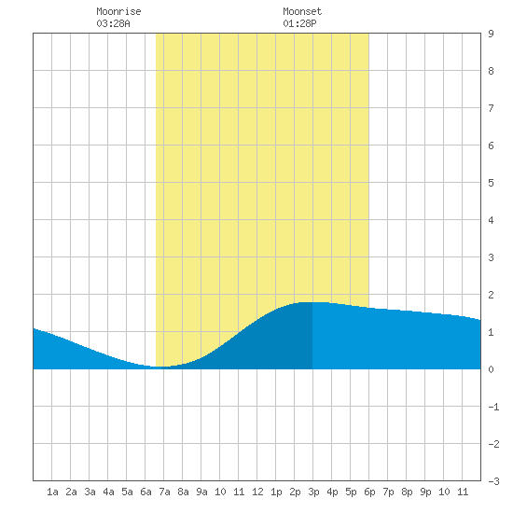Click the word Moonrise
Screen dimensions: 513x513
(118, 11)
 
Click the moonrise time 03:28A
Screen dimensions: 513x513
(113, 23)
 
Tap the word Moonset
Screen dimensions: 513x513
(302, 11)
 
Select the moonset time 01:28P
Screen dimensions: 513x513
(299, 23)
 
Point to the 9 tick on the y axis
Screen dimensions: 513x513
(491, 34)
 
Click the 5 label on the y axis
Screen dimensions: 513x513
(491, 183)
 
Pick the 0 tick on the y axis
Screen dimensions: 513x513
(491, 369)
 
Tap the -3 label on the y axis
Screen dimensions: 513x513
(493, 481)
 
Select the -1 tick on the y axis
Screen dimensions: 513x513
(493, 407)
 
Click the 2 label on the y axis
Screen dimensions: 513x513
(491, 295)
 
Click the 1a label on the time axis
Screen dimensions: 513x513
(52, 492)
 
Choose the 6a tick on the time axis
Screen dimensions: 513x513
(146, 492)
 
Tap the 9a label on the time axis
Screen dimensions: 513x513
(201, 492)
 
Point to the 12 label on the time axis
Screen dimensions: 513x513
(257, 492)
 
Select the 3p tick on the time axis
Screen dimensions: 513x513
(313, 492)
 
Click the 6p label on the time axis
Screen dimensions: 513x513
(369, 492)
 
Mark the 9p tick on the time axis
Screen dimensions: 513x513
(425, 492)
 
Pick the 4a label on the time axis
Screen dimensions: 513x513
(108, 492)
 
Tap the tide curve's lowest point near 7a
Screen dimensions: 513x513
(159, 367)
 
